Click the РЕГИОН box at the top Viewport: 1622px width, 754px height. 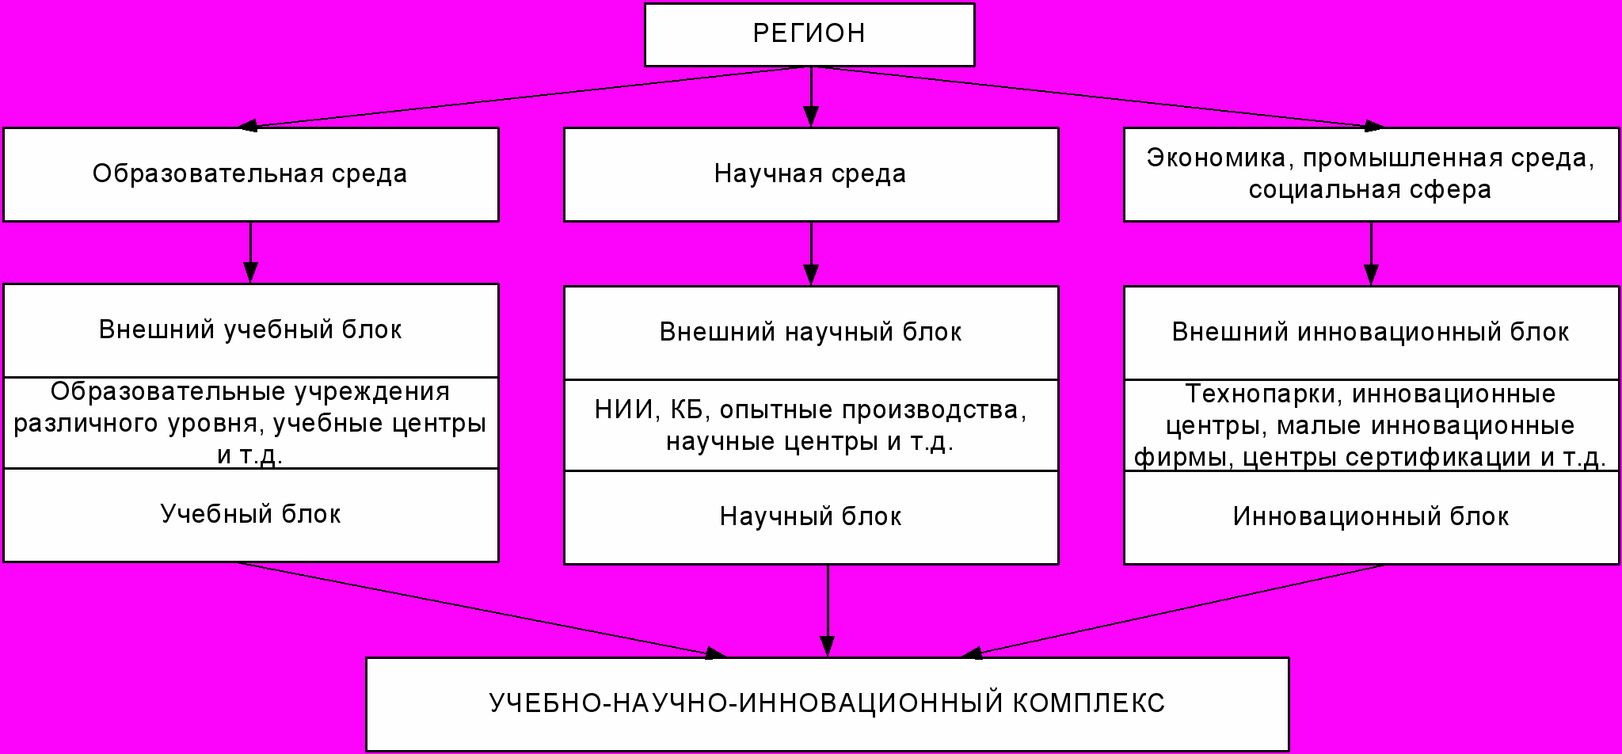coord(809,34)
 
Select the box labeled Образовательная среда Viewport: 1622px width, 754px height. coord(250,174)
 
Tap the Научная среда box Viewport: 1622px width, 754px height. coord(810,174)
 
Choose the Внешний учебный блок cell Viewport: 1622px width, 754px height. coord(250,330)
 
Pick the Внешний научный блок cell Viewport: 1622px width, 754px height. coord(810,333)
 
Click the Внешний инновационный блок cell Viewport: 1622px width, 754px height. coord(1370,333)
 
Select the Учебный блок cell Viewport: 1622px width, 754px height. coord(250,515)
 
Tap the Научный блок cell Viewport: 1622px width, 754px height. coord(810,517)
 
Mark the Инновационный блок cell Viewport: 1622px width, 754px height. coord(1370,517)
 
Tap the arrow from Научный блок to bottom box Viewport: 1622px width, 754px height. coord(828,611)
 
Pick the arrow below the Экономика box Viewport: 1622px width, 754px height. coord(1371,253)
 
